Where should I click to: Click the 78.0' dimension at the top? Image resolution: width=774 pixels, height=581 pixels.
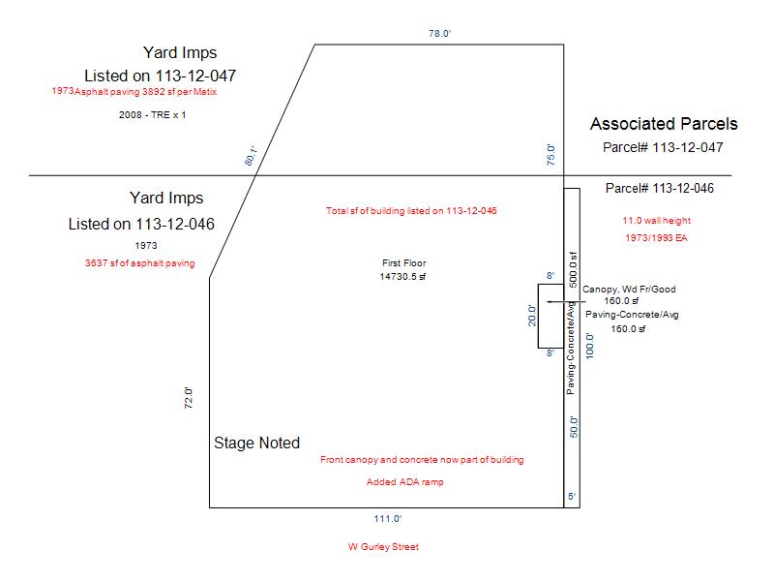point(439,33)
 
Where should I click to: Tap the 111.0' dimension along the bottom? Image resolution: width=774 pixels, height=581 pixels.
point(388,519)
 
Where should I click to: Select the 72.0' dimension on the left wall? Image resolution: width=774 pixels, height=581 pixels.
point(188,398)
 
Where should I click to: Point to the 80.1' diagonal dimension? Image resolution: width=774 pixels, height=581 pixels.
point(252,156)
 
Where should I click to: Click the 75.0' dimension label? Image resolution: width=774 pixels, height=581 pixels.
point(551,155)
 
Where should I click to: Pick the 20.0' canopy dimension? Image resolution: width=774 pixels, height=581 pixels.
point(531,316)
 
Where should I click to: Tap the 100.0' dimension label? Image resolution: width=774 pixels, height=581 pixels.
point(589,346)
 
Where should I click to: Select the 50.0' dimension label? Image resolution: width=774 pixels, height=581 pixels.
point(574,427)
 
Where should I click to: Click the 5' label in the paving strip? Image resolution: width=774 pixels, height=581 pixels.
point(572,496)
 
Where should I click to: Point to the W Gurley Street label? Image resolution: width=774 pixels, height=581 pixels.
point(383,546)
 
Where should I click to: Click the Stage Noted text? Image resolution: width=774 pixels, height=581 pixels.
point(256,443)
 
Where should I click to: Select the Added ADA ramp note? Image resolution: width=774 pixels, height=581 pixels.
point(404,481)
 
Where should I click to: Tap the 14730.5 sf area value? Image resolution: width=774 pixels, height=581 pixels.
point(402,277)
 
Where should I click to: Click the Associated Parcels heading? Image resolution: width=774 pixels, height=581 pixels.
point(664,124)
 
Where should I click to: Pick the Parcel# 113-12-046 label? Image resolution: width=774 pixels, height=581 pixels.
point(660,188)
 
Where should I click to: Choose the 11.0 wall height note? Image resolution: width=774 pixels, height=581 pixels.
point(657,221)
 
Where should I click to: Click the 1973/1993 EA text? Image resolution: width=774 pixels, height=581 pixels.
point(656,237)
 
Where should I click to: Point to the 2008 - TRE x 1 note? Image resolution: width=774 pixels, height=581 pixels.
point(152,114)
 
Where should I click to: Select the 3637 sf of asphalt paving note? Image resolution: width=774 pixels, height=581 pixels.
point(139,262)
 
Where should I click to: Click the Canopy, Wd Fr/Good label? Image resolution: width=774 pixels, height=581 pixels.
point(629,289)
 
